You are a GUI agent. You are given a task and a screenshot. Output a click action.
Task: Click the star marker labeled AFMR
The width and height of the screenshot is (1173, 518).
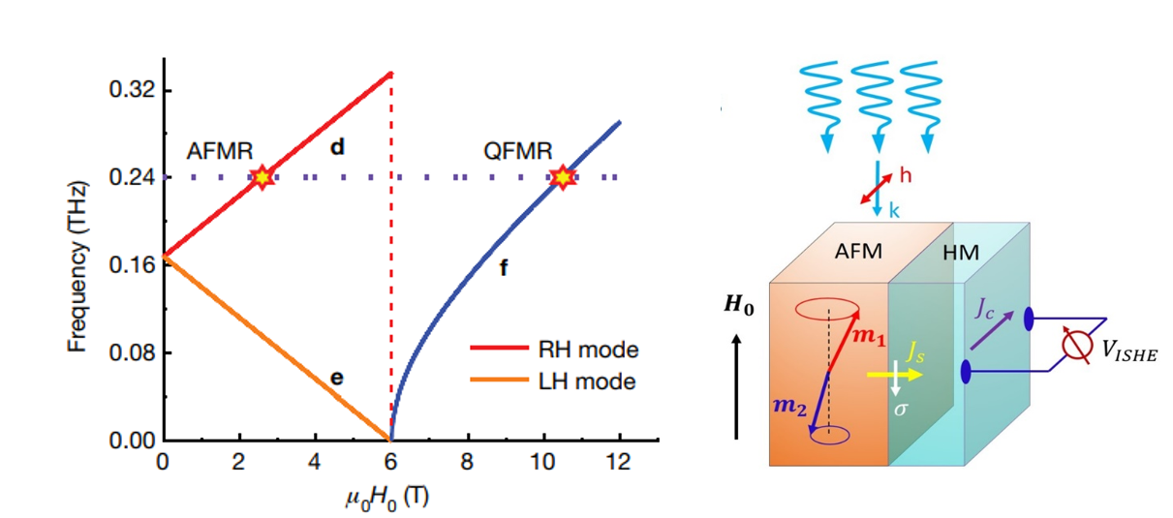[x=261, y=177]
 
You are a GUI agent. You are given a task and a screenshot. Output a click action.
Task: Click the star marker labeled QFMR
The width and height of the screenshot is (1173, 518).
[x=562, y=177]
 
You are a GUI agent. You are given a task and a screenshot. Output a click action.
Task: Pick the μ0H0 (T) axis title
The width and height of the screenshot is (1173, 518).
[x=381, y=496]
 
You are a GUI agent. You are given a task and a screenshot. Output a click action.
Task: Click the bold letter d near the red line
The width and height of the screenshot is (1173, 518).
[x=337, y=147]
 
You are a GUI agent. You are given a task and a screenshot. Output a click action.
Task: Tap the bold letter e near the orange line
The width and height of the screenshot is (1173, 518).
[x=336, y=378]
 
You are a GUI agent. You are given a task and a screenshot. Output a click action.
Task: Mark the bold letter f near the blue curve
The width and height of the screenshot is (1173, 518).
[x=503, y=268]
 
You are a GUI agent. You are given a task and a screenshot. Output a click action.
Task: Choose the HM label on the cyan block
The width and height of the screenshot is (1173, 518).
[x=960, y=253]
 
